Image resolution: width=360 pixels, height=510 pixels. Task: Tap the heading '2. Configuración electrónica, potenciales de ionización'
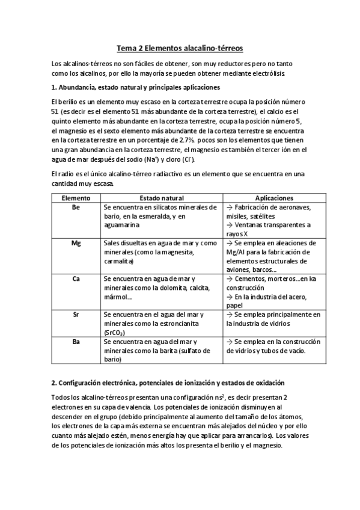pyautogui.click(x=168, y=383)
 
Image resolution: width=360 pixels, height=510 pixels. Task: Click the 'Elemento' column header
pyautogui.click(x=76, y=198)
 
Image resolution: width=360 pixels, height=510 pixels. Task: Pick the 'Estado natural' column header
pyautogui.click(x=159, y=198)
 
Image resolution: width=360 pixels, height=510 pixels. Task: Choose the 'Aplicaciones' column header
pyautogui.click(x=273, y=198)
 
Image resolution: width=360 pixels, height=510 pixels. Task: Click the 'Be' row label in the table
pyautogui.click(x=76, y=207)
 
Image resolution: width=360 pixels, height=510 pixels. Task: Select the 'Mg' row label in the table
pyautogui.click(x=76, y=243)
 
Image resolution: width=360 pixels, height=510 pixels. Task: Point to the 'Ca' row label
pyautogui.click(x=76, y=279)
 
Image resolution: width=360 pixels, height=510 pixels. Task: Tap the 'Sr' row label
pyautogui.click(x=76, y=315)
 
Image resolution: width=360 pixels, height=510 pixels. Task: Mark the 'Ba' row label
pyautogui.click(x=76, y=342)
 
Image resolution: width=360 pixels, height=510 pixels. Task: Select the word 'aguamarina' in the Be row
pyautogui.click(x=121, y=224)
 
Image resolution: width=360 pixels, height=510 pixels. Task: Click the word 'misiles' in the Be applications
pyautogui.click(x=237, y=216)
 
